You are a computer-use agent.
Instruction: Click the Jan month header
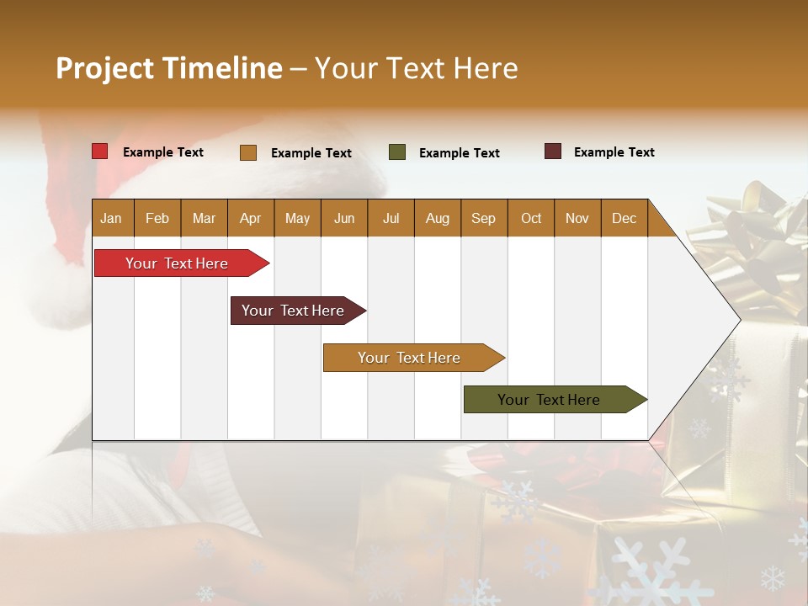click(x=111, y=219)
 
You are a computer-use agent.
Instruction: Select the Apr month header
click(x=250, y=219)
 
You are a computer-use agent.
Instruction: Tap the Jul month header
click(x=391, y=219)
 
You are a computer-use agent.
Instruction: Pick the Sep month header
click(x=483, y=219)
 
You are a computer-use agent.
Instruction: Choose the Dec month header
click(x=624, y=219)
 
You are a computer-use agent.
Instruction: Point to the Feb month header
click(x=157, y=219)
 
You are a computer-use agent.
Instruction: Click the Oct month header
click(x=531, y=219)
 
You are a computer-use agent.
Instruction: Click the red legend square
click(x=100, y=151)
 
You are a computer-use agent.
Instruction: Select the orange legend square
click(x=248, y=152)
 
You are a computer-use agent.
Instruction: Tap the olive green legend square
click(x=397, y=152)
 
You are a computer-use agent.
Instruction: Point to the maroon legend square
click(x=553, y=151)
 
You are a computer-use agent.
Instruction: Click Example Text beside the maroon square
click(x=614, y=152)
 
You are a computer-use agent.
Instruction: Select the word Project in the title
click(x=104, y=68)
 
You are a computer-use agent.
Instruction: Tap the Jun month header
click(x=344, y=219)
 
